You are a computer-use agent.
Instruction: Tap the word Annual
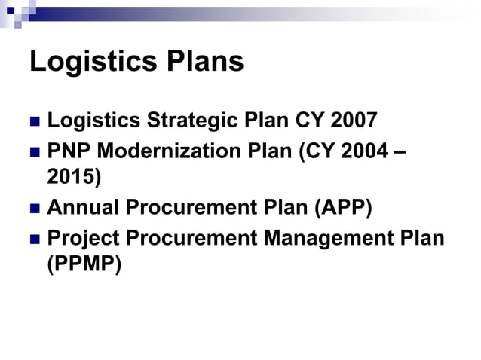pos(84,207)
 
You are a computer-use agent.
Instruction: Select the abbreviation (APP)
pos(339,207)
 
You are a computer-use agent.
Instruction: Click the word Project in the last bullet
pos(83,237)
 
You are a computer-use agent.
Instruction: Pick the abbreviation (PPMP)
pos(84,265)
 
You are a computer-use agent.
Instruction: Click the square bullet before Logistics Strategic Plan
pos(34,122)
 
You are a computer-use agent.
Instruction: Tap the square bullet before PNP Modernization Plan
pos(34,151)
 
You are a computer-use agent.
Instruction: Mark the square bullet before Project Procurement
pos(34,238)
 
